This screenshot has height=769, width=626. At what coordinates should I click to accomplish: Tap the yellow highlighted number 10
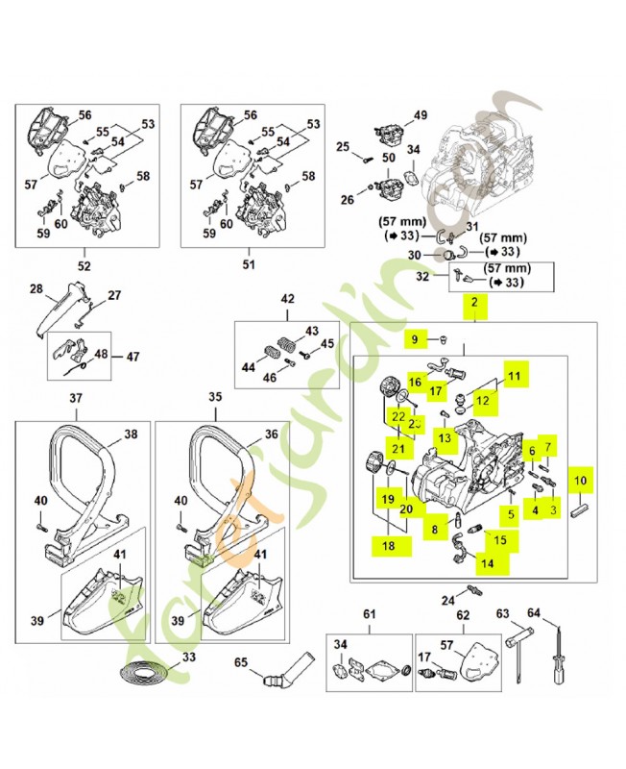[x=580, y=478]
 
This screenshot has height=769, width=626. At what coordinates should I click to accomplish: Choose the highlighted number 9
[x=415, y=339]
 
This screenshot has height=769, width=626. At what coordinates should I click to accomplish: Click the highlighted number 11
[x=514, y=377]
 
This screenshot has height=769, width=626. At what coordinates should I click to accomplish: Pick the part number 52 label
[x=84, y=265]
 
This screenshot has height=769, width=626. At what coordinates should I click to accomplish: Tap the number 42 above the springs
[x=287, y=299]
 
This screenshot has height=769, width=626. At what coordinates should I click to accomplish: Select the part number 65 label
[x=241, y=663]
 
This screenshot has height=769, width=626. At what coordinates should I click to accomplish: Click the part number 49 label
[x=420, y=116]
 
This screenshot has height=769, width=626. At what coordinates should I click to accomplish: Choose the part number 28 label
[x=36, y=288]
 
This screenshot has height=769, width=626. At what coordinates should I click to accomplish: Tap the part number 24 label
[x=447, y=601]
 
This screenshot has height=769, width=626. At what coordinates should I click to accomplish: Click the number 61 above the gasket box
[x=369, y=615]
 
